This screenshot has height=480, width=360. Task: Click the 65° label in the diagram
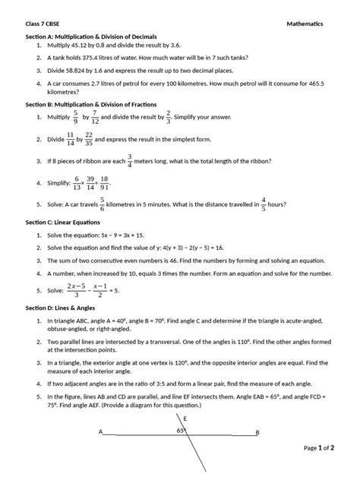pyautogui.click(x=182, y=431)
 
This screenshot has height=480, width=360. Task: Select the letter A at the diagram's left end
pyautogui.click(x=100, y=433)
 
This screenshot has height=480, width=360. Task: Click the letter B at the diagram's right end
pyautogui.click(x=257, y=433)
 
